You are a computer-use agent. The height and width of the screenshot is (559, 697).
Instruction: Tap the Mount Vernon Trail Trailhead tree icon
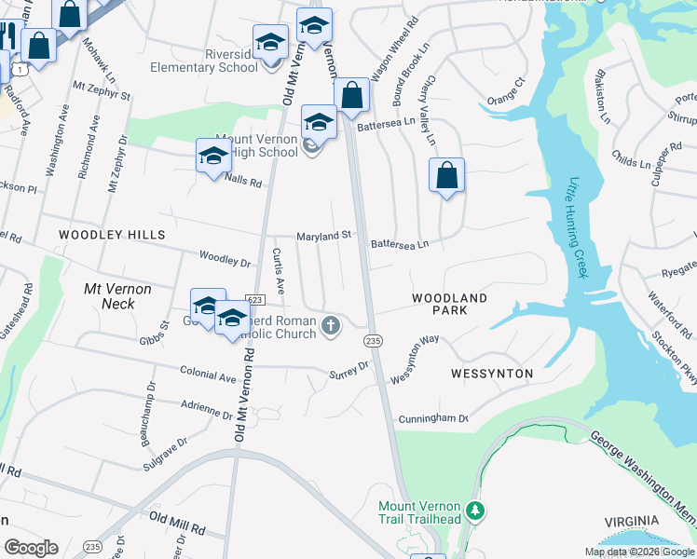coord(475,511)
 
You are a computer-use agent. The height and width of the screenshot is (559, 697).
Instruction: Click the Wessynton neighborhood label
coord(491,374)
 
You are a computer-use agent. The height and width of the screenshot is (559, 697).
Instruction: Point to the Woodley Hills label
coord(112,235)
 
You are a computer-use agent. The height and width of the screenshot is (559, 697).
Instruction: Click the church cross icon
coord(330,325)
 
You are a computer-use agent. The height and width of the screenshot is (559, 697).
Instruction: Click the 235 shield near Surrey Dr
coord(373,341)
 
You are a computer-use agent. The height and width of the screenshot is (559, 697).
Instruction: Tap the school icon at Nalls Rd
coord(213,156)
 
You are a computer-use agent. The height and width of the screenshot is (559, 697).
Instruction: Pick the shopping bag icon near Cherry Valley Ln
coord(447,175)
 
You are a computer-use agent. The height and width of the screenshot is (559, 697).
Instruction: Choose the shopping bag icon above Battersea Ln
coord(351,95)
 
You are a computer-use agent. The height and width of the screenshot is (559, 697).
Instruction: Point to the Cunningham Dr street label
coord(432,418)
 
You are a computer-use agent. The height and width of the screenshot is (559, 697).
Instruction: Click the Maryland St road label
coord(323,237)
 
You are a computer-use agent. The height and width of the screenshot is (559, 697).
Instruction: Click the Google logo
coord(31,548)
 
